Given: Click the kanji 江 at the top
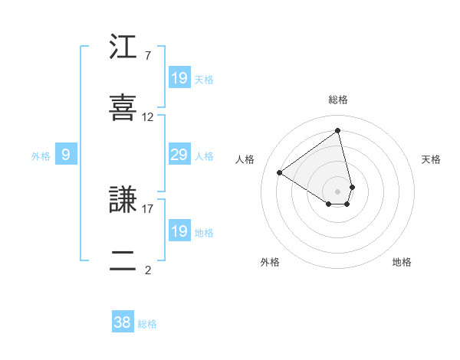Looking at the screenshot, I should (123, 48).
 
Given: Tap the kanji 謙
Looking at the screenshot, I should (123, 201).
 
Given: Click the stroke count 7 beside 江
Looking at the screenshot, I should (147, 56).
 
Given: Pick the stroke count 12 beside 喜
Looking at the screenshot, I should (147, 117).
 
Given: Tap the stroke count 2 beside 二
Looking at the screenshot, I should (147, 270).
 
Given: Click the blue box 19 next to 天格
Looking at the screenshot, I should (179, 78).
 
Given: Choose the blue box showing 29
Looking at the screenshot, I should (179, 155).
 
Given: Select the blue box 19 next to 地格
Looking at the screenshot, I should (179, 231).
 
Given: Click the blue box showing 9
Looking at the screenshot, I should (66, 155).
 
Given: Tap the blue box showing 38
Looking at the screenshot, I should (123, 322).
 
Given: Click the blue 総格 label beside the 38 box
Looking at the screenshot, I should (148, 324).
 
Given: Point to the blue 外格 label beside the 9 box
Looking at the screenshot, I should (41, 156).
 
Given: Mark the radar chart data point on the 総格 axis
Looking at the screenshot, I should (337, 130).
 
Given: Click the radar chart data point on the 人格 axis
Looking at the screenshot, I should (280, 172).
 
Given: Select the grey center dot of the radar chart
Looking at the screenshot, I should (337, 190).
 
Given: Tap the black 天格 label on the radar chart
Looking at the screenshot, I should (432, 159).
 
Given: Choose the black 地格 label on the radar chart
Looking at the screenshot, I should (402, 262).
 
